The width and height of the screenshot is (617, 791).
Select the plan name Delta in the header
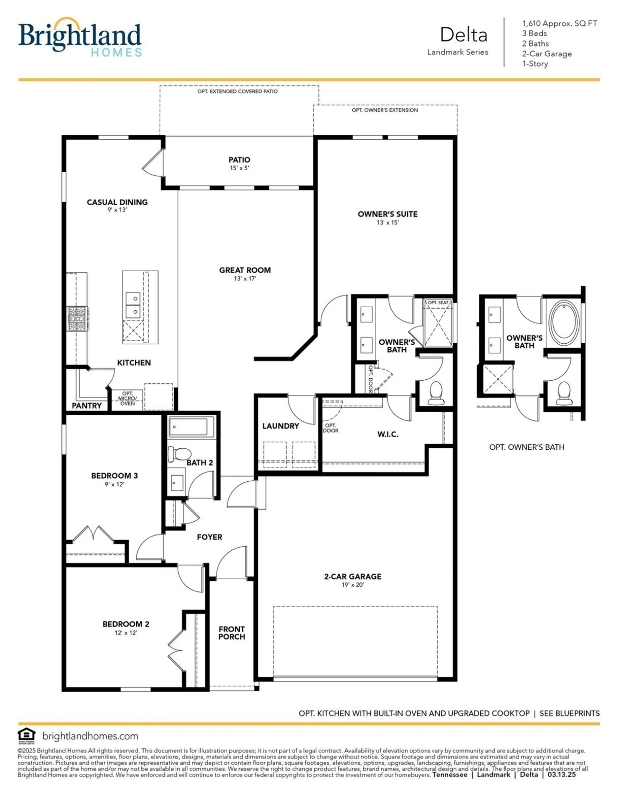463,35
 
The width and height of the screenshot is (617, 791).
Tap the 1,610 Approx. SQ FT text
560,23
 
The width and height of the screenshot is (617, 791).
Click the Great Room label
245,270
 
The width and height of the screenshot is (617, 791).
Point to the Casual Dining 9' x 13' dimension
117,210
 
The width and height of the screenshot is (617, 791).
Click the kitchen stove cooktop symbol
78,318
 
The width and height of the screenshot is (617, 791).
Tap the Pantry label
86,406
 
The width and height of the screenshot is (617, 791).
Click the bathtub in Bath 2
191,426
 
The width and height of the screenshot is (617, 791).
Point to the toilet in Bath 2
179,453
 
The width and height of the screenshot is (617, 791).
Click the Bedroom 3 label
114,476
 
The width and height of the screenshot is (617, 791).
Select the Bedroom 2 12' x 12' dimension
125,633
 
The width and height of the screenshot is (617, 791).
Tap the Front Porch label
231,633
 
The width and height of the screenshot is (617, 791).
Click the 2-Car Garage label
353,576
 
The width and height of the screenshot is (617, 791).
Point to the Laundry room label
280,426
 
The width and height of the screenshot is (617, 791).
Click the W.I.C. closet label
388,434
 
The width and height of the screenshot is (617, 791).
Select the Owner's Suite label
387,214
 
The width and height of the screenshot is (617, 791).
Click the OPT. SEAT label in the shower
438,303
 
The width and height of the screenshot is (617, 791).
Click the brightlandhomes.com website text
90,736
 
